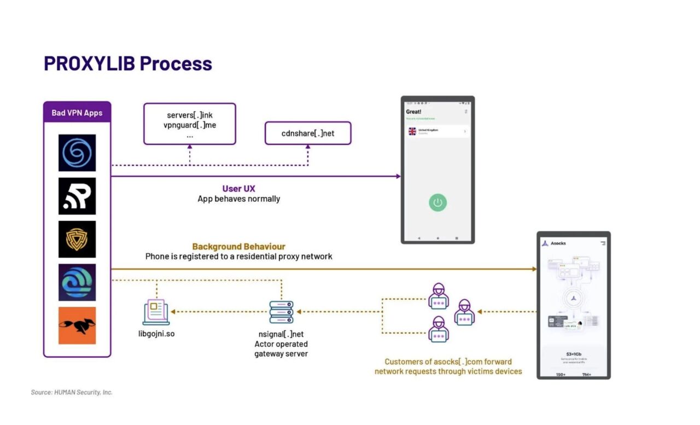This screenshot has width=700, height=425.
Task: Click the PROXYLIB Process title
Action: click(128, 63)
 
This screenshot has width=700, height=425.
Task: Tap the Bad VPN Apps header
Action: click(77, 113)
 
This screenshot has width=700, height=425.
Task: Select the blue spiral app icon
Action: click(77, 153)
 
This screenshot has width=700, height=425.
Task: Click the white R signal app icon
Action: click(77, 196)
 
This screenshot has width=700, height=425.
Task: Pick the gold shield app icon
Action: click(77, 239)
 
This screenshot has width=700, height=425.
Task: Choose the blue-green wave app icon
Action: click(77, 282)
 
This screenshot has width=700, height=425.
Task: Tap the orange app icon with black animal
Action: click(77, 325)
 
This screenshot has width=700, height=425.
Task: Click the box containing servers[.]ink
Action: click(190, 124)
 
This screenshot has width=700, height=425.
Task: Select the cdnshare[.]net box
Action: click(308, 133)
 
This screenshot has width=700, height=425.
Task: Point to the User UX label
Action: click(238, 189)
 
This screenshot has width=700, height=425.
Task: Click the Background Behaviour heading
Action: click(238, 247)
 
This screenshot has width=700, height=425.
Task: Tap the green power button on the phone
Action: click(437, 202)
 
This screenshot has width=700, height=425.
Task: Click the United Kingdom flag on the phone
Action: click(412, 131)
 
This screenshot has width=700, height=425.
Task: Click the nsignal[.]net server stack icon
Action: click(281, 312)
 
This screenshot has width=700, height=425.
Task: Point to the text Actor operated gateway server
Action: click(281, 349)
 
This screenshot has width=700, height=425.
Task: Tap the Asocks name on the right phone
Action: click(558, 243)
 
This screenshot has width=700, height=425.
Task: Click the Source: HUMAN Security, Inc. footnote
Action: click(72, 392)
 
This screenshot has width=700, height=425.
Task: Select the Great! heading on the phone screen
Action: click(413, 112)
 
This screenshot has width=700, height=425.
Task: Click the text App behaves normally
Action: click(238, 199)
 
